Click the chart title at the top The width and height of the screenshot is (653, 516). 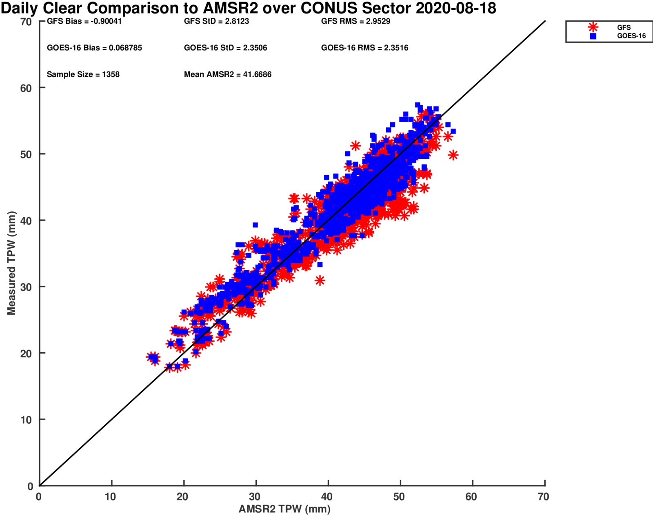(248, 8)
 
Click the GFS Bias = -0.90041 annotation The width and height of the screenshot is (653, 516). (84, 21)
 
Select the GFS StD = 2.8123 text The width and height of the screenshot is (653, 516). (216, 21)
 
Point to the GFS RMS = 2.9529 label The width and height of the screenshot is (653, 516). (355, 21)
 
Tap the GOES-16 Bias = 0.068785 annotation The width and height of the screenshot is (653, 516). (94, 48)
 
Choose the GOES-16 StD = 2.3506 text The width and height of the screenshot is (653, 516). (225, 48)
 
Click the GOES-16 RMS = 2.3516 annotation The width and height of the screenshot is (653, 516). (364, 48)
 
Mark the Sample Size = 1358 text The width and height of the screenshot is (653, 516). (83, 74)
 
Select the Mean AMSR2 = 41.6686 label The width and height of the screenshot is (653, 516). (227, 74)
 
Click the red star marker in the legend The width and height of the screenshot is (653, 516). (593, 27)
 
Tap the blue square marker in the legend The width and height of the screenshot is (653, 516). (593, 36)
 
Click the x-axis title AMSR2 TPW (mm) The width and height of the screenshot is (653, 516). (284, 509)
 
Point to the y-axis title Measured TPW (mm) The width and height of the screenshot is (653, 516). (11, 263)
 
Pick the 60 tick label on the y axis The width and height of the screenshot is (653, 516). (26, 88)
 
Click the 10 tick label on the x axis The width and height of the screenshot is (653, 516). (111, 497)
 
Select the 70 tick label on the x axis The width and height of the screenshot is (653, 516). (543, 497)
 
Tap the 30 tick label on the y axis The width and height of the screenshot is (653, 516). (26, 287)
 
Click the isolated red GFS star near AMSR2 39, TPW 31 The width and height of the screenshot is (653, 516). (320, 280)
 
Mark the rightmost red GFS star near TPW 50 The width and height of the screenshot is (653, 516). (453, 155)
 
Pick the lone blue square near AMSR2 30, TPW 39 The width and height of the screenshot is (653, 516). (255, 225)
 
